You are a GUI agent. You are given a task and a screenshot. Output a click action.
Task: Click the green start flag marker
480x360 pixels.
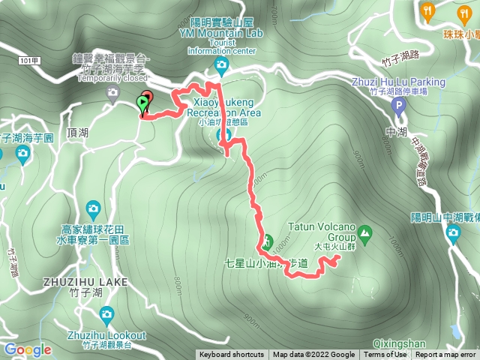[142, 103]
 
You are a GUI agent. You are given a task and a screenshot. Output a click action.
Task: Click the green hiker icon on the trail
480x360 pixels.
[266, 241]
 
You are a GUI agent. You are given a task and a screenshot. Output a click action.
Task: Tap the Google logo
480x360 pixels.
[27, 349]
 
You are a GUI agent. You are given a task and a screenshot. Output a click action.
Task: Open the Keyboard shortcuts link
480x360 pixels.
[232, 355]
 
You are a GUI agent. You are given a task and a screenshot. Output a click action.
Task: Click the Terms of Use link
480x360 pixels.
[385, 355]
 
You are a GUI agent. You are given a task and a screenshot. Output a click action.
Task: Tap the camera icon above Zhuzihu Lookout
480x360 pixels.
[106, 313]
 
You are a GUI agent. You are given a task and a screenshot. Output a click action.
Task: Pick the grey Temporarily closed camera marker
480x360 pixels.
[113, 93]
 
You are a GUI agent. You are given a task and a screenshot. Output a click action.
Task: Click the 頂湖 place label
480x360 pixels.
[77, 133]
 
